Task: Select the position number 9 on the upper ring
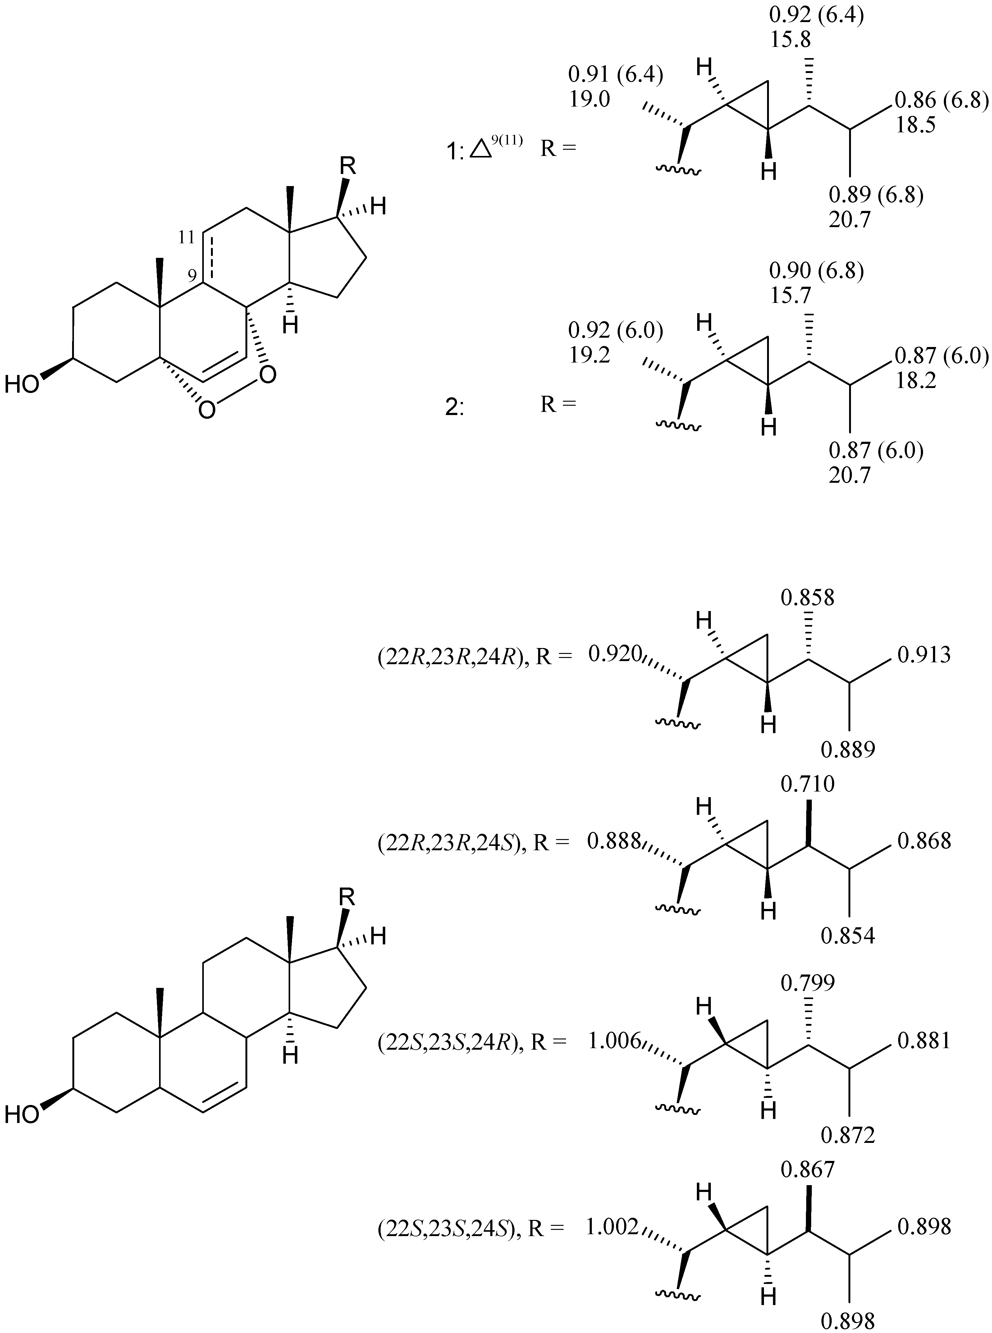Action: pyautogui.click(x=192, y=276)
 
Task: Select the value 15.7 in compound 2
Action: pyautogui.click(x=790, y=295)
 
